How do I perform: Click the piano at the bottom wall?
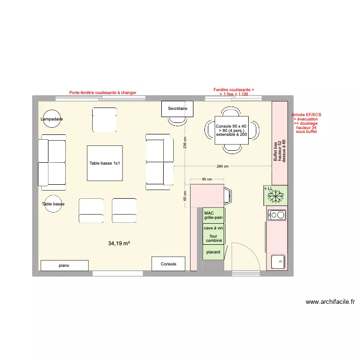64,265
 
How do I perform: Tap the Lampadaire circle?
52,119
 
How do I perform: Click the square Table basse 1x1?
105,163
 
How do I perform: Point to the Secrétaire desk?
177,109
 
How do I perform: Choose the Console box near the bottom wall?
168,264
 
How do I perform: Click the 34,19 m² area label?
119,244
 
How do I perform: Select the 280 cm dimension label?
222,167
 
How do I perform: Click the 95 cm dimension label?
207,179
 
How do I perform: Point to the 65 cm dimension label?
185,196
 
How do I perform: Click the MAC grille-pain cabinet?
213,216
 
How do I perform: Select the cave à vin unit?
213,228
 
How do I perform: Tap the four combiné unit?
213,239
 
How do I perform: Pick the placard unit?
213,252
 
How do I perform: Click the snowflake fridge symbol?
276,196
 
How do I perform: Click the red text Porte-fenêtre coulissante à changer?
103,93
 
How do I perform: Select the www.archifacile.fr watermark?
330,302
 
